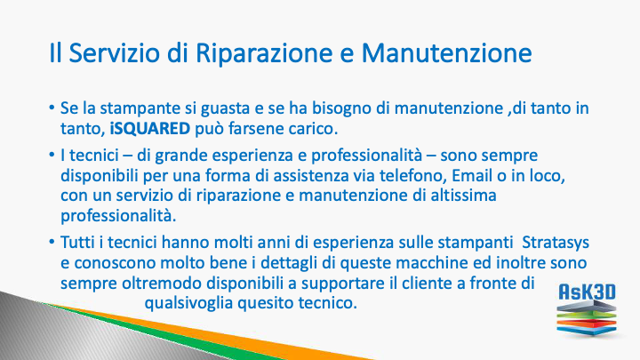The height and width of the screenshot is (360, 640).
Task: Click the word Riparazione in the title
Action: [264, 53]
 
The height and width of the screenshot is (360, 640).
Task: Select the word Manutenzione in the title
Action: [446, 52]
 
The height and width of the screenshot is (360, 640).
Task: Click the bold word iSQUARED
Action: [150, 129]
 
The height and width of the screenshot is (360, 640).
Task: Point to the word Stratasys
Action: [556, 243]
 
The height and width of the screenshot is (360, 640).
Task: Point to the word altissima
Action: [464, 195]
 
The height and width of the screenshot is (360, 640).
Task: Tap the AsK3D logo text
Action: [587, 292]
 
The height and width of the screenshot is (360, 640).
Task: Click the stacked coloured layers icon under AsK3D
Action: [587, 318]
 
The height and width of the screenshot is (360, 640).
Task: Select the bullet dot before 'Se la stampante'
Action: [52, 108]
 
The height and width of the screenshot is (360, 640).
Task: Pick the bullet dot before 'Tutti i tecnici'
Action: [52, 242]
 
